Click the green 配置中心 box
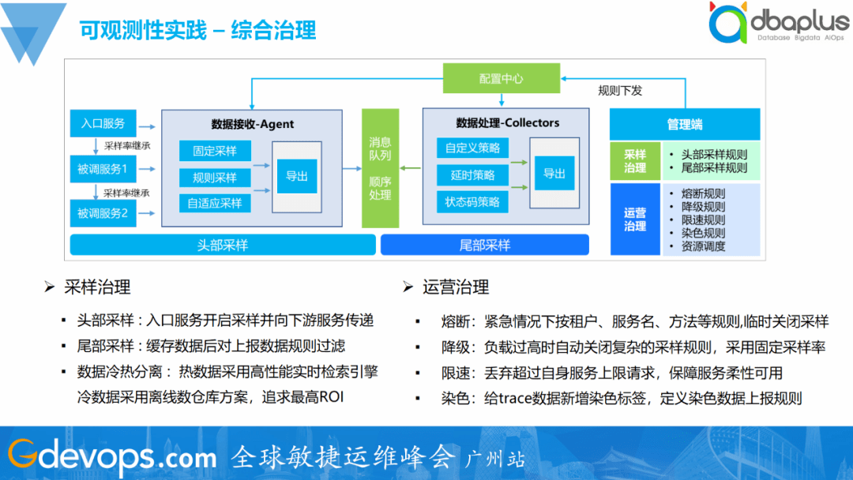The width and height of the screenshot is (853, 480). pos(501,79)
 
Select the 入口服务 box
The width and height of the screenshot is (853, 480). pos(103,123)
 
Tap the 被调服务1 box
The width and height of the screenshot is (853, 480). pos(103,168)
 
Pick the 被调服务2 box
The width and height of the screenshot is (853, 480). pos(103,212)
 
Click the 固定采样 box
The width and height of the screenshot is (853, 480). pos(215,151)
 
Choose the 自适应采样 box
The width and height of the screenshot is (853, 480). pos(215,203)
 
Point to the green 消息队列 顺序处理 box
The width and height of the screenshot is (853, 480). pos(380,168)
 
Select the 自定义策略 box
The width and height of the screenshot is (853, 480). pos(472,148)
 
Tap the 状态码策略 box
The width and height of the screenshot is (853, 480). pos(472,201)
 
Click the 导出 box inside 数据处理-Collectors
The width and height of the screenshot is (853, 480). pos(554,174)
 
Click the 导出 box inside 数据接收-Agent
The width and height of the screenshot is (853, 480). pos(297,176)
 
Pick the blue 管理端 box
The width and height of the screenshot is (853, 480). pos(685,125)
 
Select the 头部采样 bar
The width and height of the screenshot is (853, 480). pos(223,246)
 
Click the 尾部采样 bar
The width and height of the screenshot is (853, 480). pos(485,246)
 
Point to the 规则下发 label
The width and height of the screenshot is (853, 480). pos(620,91)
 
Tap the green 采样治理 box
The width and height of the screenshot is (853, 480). pos(635,161)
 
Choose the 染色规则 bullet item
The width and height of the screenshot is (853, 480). pos(703,233)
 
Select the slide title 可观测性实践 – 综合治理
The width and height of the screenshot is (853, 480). pos(197,30)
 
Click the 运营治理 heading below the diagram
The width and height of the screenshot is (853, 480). pos(456,287)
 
